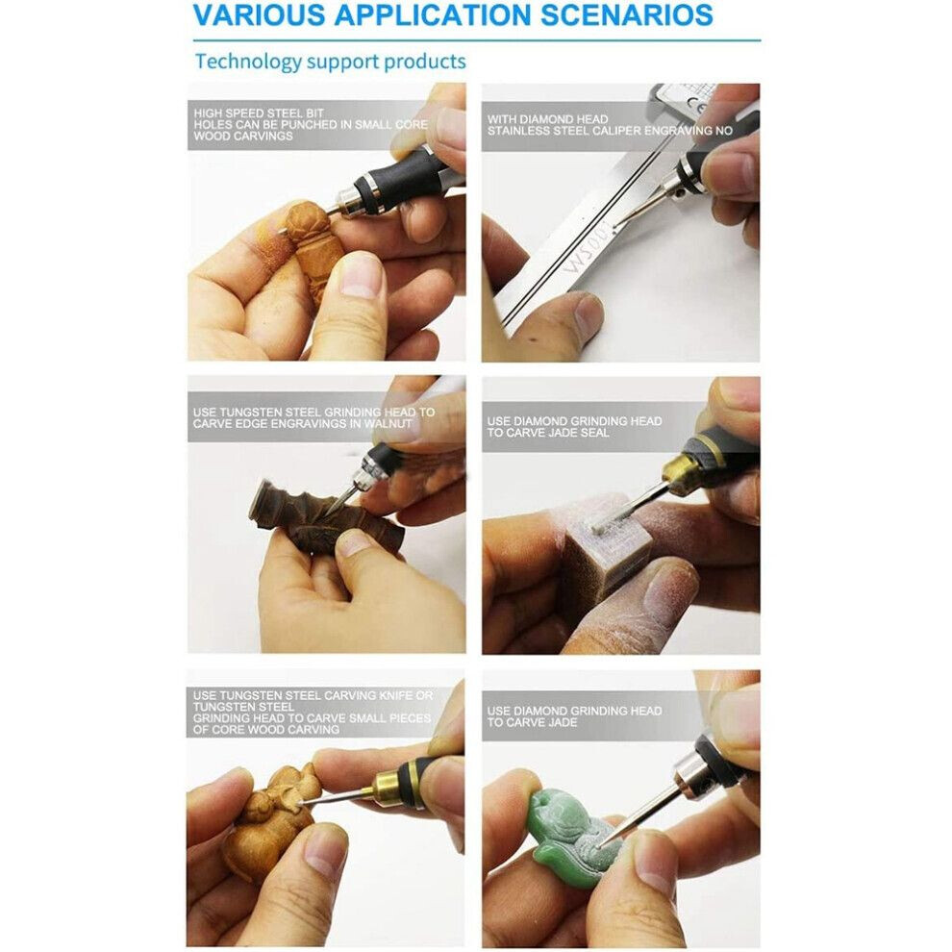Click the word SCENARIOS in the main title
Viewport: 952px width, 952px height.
[627, 14]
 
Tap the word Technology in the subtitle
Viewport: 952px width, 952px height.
[248, 62]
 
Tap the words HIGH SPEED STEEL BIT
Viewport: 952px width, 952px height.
[259, 113]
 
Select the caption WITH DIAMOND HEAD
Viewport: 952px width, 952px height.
[547, 119]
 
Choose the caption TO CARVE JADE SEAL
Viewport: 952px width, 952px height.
[548, 433]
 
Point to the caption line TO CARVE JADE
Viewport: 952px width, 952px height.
[532, 722]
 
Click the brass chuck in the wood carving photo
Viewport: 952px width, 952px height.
[385, 789]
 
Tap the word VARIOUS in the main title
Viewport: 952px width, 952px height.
[259, 14]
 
